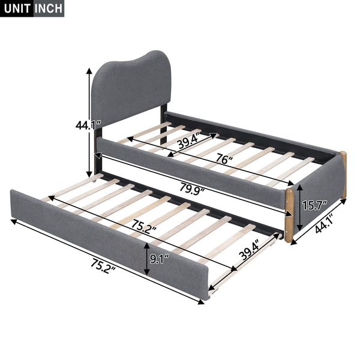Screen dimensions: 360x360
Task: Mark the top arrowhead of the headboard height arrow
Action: (91, 71)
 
